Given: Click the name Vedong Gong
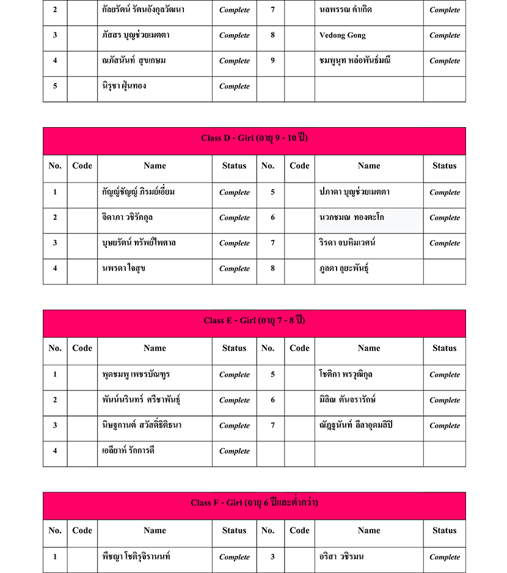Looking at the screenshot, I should coord(343,35).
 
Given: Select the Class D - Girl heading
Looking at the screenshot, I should coord(254,138).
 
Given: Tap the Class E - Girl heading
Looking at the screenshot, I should coord(254,321).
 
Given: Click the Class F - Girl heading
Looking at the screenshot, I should coord(254,503).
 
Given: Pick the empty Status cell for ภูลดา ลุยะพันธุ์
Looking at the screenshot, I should coord(444,269).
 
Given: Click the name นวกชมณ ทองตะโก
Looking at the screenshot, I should coord(352,217).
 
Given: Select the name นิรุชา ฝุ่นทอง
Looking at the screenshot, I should coord(124,86).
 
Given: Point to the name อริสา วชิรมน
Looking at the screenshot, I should coord(342,557).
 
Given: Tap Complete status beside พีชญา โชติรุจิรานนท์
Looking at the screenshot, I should coord(235,557).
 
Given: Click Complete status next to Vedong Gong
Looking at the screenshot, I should coord(444,35).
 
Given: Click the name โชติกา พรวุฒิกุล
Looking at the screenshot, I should coord(346,374).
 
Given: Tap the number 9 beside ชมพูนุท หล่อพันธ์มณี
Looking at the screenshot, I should coord(272,60).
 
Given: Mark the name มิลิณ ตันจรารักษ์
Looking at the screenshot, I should coord(348,400).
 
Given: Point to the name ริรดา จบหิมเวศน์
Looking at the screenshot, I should coord(348,243).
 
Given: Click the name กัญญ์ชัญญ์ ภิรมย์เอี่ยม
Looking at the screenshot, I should coord(139,192).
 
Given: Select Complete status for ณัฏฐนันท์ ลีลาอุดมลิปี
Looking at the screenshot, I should coord(444,426).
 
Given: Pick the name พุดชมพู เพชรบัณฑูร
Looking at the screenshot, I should coord(136,374).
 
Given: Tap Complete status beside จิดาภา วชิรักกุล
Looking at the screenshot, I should coord(235,218).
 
